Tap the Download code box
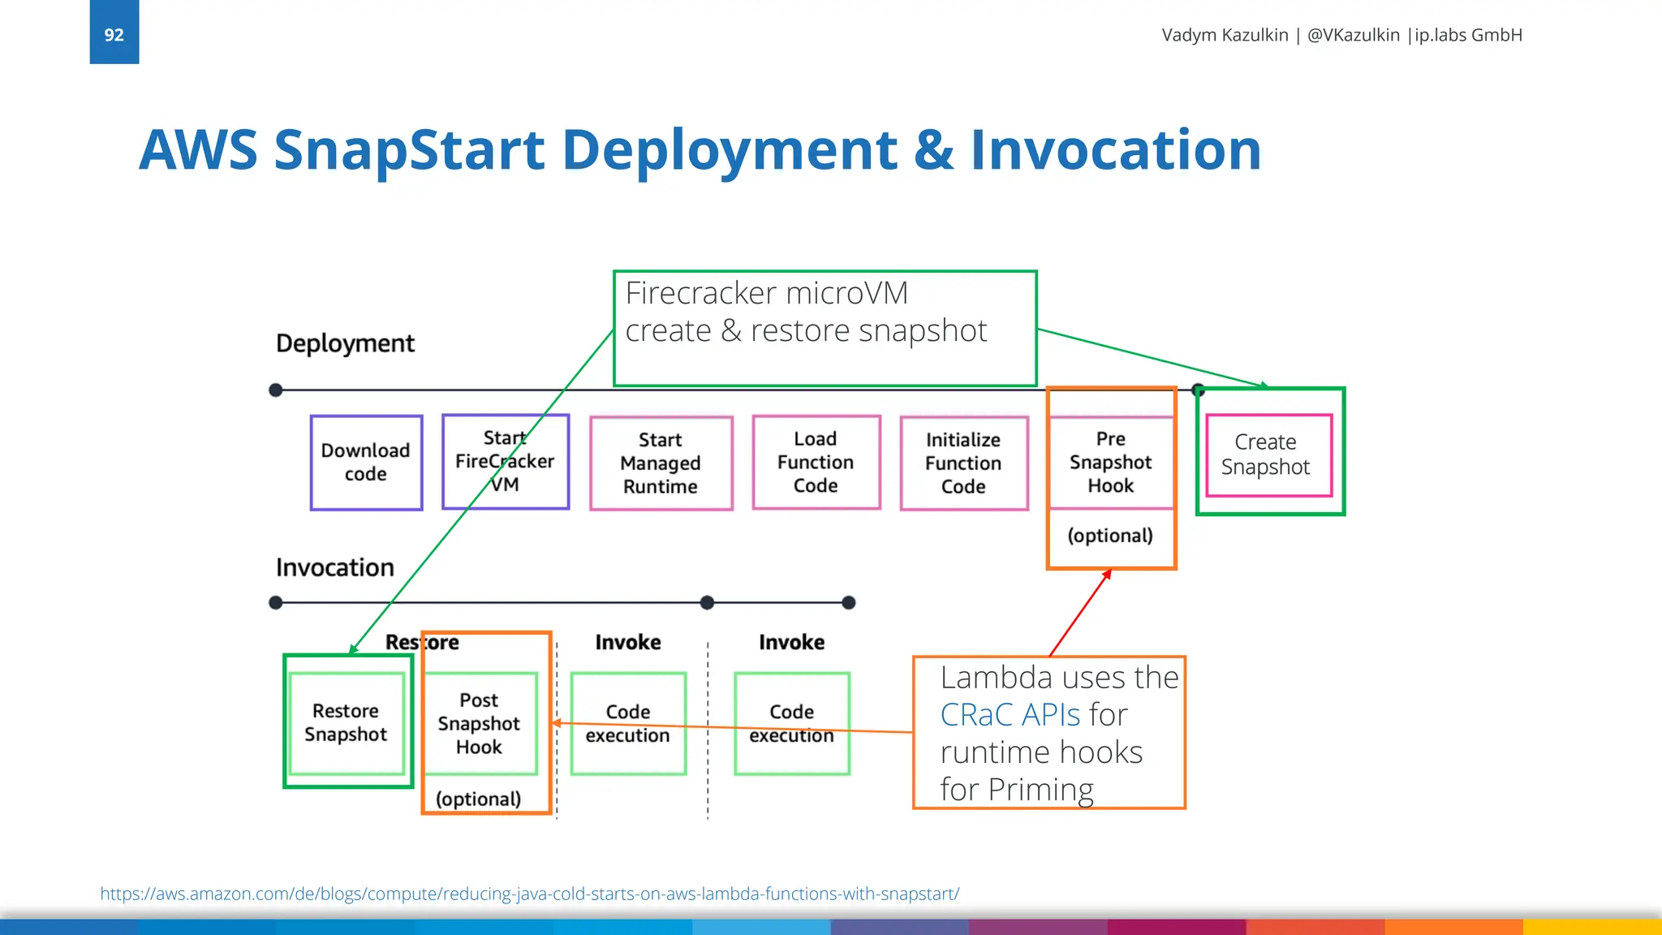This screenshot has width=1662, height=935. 366,463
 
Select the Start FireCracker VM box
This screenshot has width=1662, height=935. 505,462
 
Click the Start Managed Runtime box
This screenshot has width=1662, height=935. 661,463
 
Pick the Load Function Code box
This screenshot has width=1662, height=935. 816,463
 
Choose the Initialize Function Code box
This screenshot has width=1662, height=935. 963,463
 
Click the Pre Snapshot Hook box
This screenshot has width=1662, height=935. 1110,463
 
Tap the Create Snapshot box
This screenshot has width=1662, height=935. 1268,455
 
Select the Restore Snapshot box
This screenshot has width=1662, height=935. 347,722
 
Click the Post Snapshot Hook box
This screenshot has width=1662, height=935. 479,723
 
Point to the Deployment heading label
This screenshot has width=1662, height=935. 345,343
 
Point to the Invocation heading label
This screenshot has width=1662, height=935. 334,567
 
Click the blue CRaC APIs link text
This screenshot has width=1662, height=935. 1010,715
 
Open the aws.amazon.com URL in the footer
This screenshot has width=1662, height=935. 529,894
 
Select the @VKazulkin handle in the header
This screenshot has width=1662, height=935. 1353,35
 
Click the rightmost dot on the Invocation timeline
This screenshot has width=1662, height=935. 849,602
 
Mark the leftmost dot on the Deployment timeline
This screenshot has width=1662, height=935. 276,390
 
